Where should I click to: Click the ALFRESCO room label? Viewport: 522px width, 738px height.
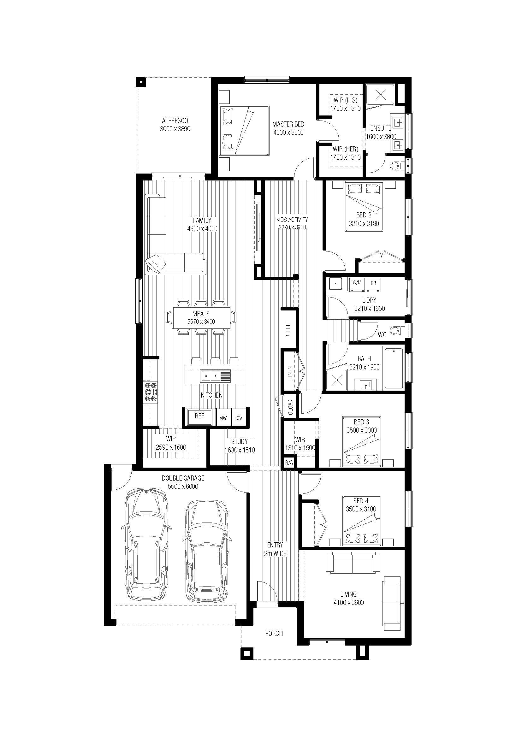tap(175, 121)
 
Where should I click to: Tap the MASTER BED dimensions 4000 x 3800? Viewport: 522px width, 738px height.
tap(288, 133)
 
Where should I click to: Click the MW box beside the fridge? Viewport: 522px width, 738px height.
tap(223, 418)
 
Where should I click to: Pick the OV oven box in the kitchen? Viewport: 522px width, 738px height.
tap(239, 418)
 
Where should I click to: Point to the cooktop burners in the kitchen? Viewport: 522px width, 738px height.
tap(151, 392)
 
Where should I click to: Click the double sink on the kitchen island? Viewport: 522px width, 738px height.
tap(216, 376)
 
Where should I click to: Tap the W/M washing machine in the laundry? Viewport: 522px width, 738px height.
tap(357, 285)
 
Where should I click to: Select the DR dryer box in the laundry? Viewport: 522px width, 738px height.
tap(373, 285)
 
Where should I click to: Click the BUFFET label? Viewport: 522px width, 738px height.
tap(288, 329)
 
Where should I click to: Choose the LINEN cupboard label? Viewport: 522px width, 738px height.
tap(290, 373)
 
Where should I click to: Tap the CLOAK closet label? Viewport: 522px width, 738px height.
tap(291, 407)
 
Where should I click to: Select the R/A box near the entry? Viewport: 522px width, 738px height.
tap(289, 463)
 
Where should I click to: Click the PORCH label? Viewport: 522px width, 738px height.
tap(274, 634)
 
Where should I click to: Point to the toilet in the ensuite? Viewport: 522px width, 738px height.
tap(398, 166)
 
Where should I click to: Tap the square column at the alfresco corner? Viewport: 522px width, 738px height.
tap(141, 82)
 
